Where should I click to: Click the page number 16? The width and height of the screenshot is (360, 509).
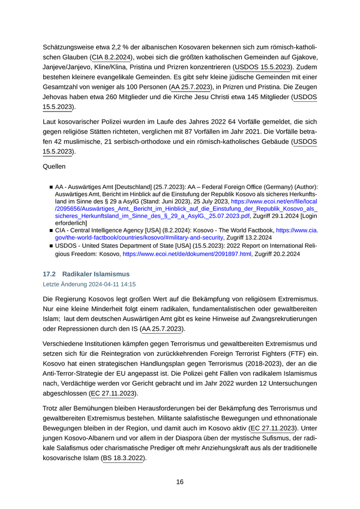point(179,482)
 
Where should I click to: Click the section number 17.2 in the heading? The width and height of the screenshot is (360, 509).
point(49,274)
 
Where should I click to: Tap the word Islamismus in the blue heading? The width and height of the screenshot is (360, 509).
point(110,274)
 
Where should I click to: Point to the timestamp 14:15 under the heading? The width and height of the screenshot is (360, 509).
point(128,284)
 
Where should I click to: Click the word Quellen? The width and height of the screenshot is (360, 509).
point(55,167)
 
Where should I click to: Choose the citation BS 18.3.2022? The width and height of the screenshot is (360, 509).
point(123,458)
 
